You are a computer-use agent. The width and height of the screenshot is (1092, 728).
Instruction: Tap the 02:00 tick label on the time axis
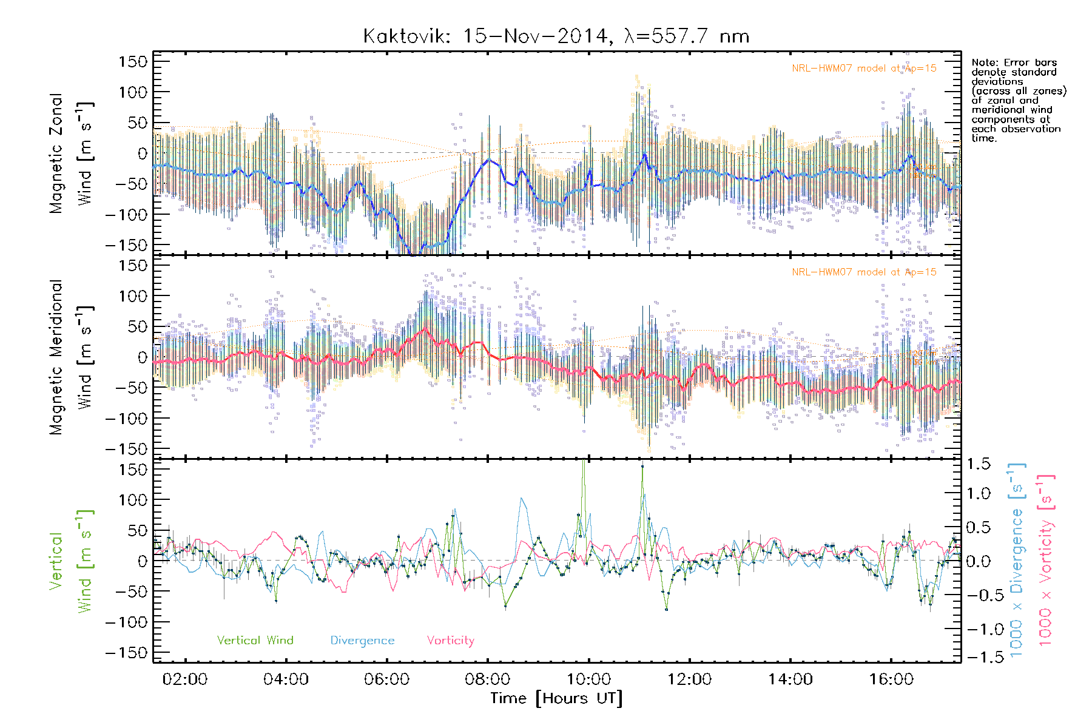click(185, 679)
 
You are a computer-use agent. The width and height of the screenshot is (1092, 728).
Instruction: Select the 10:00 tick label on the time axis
click(588, 679)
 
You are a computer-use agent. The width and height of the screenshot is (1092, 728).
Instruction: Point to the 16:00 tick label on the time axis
click(891, 679)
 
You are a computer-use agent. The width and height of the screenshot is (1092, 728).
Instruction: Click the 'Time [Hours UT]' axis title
click(556, 699)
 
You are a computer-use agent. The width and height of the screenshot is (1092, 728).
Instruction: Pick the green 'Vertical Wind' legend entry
click(255, 641)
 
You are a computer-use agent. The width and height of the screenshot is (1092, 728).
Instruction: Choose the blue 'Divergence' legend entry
click(362, 641)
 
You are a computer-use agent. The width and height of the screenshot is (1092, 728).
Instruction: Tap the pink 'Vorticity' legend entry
click(450, 641)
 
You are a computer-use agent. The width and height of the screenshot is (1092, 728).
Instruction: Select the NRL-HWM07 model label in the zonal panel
click(864, 69)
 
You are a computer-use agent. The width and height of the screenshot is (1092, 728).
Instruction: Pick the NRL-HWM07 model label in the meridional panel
click(864, 272)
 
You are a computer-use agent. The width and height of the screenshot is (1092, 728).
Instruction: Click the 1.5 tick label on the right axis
click(979, 464)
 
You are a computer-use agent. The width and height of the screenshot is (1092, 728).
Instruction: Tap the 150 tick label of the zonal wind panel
click(133, 61)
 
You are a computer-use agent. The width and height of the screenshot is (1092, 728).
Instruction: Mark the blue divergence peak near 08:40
click(522, 499)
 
